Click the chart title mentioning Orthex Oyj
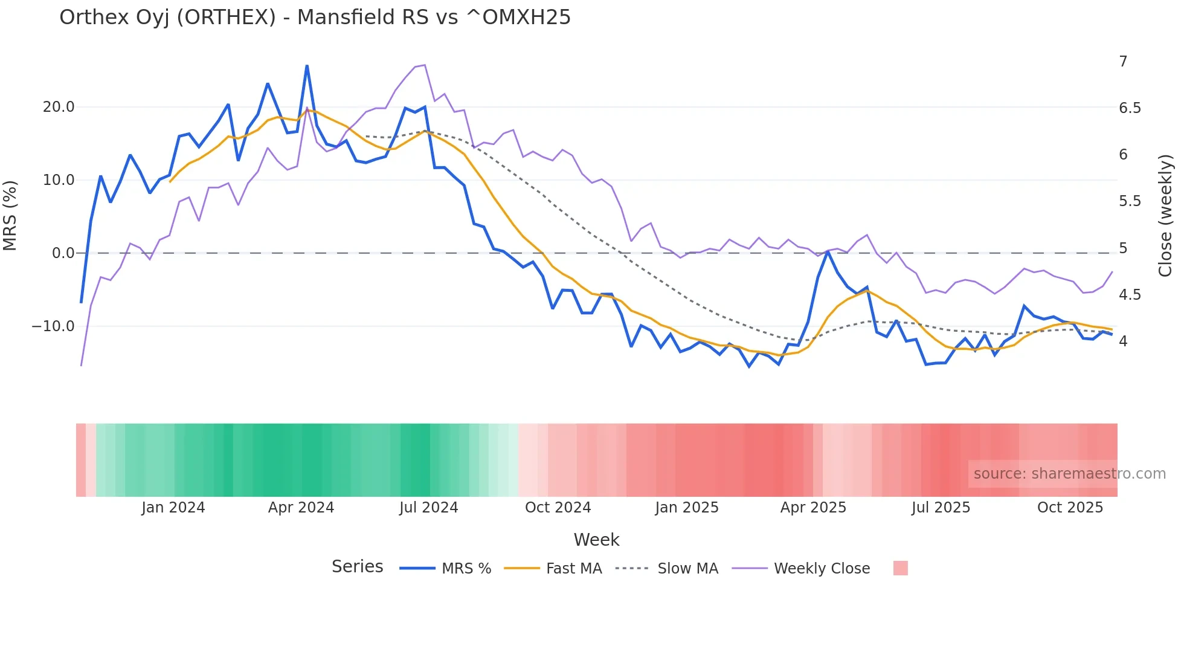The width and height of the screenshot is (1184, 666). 315,18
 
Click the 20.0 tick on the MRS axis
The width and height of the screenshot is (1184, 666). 59,107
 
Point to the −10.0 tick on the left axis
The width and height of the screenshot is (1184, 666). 53,326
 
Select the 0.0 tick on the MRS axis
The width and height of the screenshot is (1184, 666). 63,253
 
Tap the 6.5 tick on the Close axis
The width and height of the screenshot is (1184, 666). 1130,108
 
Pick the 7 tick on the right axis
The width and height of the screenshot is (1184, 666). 1123,62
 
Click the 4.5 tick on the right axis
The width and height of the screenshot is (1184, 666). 1130,295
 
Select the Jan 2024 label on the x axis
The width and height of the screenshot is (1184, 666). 173,508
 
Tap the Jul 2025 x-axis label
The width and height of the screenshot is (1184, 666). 941,508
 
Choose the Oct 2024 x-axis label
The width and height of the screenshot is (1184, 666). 558,508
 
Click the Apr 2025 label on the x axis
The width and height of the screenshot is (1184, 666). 813,508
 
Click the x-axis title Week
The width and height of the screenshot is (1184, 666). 596,540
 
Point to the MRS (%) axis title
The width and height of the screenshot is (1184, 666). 10,216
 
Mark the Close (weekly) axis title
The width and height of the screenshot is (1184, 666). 1165,216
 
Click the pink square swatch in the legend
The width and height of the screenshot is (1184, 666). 900,568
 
